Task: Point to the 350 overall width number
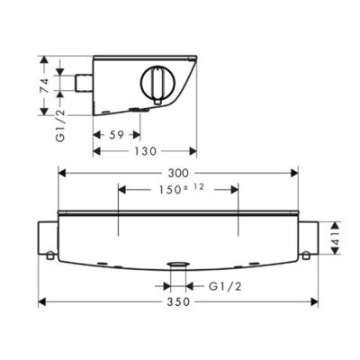point(179,302)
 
